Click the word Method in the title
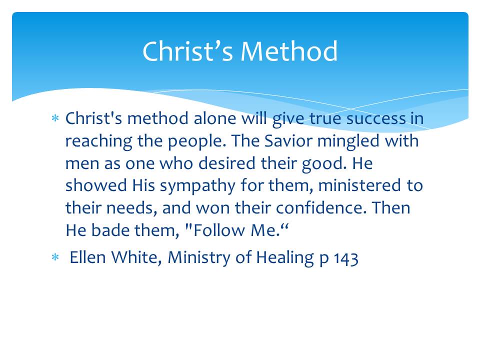click(289, 51)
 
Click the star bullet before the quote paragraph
click(55, 118)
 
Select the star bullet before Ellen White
click(55, 257)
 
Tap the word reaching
click(99, 141)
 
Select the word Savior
click(288, 141)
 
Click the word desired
click(227, 163)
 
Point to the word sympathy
click(197, 186)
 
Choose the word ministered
click(359, 185)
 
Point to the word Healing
click(285, 258)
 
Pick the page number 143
click(346, 258)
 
